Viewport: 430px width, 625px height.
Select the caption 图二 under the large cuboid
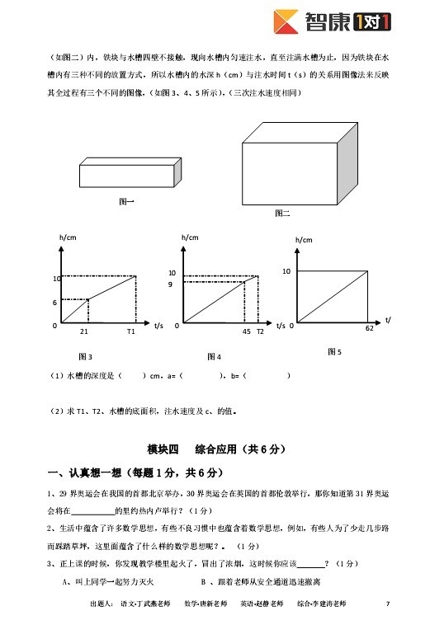pyautogui.click(x=282, y=214)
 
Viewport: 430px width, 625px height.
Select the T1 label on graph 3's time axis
pyautogui.click(x=130, y=331)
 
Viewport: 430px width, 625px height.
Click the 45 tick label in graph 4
pyautogui.click(x=246, y=331)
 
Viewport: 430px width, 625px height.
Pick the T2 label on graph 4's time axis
pyautogui.click(x=260, y=331)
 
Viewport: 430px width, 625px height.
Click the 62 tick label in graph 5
pyautogui.click(x=369, y=328)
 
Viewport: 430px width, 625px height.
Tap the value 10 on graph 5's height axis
pyautogui.click(x=286, y=270)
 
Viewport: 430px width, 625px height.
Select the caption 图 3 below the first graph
pyautogui.click(x=84, y=356)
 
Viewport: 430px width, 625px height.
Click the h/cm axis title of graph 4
pyautogui.click(x=189, y=237)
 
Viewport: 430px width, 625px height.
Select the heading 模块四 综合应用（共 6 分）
pyautogui.click(x=215, y=449)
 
